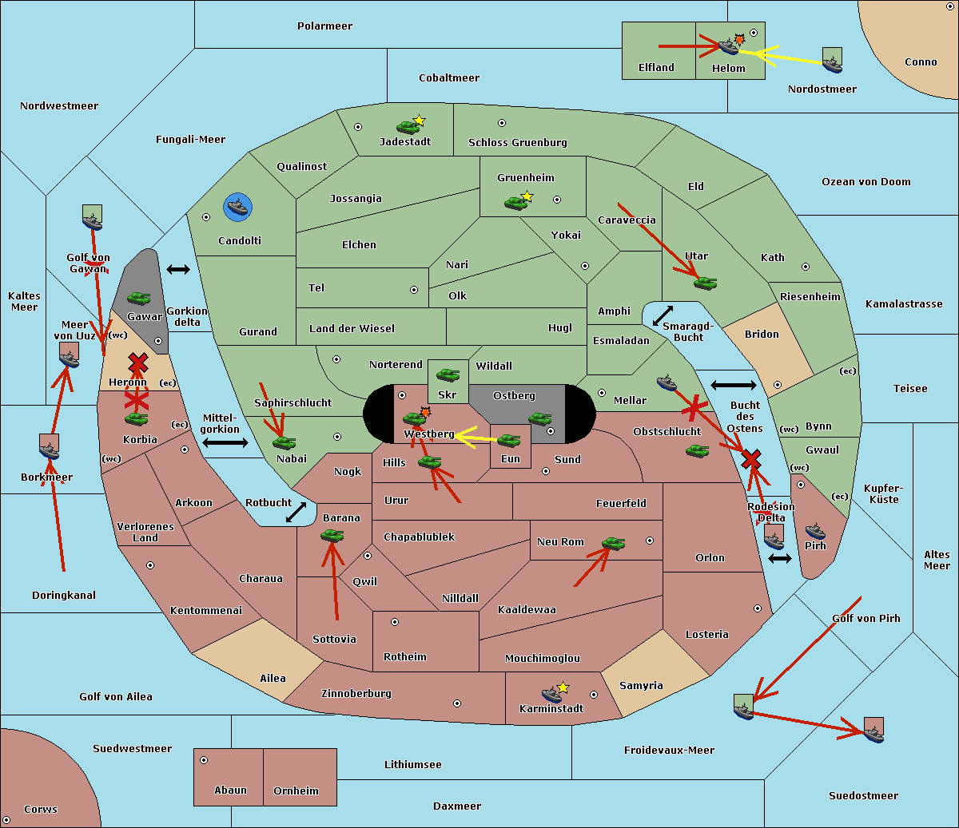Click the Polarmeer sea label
(324, 26)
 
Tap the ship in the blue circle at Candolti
(238, 208)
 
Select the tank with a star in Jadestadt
(408, 126)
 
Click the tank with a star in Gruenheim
(516, 202)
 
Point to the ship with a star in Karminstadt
(552, 694)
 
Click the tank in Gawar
(139, 299)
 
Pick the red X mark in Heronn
(138, 364)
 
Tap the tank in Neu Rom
(613, 544)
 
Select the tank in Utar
(705, 283)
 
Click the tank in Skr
(448, 374)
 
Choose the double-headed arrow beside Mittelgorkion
(225, 442)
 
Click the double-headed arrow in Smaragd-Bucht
(663, 316)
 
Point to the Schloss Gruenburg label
(517, 143)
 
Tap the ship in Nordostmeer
(832, 61)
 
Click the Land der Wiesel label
(352, 328)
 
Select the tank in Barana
(332, 536)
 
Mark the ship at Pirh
(815, 532)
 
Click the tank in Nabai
(284, 443)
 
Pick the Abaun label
(230, 790)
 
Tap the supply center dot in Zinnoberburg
(457, 703)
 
